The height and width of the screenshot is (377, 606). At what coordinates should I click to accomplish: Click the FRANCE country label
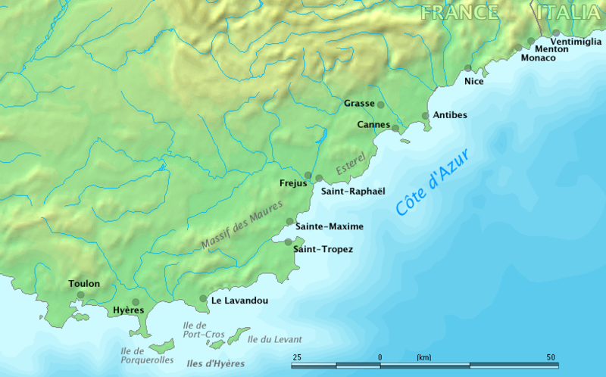(460, 12)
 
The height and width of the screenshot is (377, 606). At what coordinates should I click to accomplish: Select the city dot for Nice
(468, 68)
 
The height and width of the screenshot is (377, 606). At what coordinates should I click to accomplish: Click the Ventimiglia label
(578, 41)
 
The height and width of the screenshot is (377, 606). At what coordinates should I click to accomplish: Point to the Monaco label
(539, 58)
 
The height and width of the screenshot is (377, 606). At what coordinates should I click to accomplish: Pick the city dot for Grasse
(380, 104)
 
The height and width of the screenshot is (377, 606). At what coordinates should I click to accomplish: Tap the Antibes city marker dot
(426, 116)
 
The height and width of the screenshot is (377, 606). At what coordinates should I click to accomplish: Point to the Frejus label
(292, 183)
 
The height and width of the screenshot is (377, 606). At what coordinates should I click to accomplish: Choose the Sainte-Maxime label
(329, 226)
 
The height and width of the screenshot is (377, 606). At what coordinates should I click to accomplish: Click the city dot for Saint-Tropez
(288, 242)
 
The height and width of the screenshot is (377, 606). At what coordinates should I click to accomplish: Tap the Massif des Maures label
(242, 225)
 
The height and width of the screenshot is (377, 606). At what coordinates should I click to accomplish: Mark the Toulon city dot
(81, 295)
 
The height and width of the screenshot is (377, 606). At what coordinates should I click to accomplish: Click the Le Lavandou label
(239, 301)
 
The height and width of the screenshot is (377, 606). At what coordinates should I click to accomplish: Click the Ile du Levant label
(274, 339)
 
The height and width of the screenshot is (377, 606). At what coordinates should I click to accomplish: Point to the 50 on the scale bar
(551, 357)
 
